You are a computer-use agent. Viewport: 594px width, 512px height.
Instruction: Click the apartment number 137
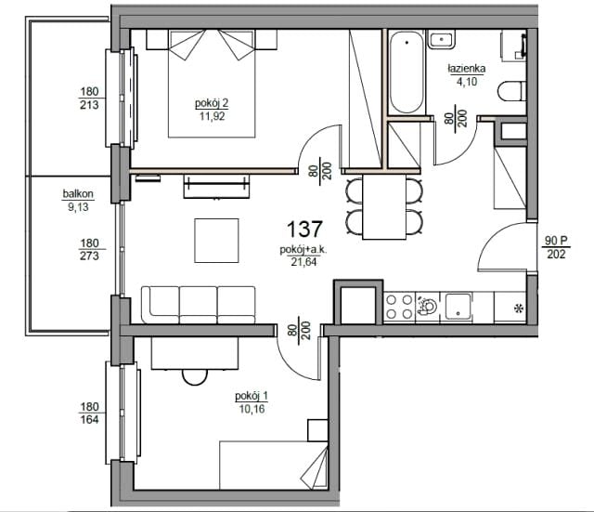(304, 230)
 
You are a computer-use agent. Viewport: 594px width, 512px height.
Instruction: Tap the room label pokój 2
(212, 103)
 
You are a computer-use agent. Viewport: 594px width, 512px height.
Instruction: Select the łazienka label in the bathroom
(466, 69)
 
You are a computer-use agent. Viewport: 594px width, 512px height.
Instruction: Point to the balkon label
(78, 194)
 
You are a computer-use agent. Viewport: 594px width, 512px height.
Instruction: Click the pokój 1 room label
(252, 396)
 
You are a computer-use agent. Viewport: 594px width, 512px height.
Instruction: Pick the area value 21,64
(303, 262)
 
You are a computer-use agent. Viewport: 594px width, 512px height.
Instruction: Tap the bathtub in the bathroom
(406, 72)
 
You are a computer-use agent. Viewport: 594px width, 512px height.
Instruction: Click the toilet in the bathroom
(511, 91)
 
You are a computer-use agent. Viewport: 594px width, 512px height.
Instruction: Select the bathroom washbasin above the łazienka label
(442, 39)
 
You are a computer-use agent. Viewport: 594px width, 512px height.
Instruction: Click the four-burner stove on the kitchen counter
(399, 308)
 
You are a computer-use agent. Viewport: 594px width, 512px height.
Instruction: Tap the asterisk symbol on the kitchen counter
(518, 309)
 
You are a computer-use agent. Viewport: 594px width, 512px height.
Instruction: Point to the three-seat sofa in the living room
(198, 305)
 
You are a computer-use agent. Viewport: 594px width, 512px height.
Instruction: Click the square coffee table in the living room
(216, 241)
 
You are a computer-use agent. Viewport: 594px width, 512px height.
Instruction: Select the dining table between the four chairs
(384, 207)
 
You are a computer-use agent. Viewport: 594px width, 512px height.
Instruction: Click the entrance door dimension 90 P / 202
(556, 247)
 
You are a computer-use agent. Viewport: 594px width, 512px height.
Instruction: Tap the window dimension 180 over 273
(89, 249)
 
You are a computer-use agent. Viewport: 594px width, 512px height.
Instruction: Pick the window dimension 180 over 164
(89, 413)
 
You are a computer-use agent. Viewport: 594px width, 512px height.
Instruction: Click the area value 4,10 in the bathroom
(466, 82)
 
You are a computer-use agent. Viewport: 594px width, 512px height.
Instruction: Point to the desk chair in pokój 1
(195, 377)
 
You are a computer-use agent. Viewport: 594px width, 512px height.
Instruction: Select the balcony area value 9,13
(78, 207)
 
